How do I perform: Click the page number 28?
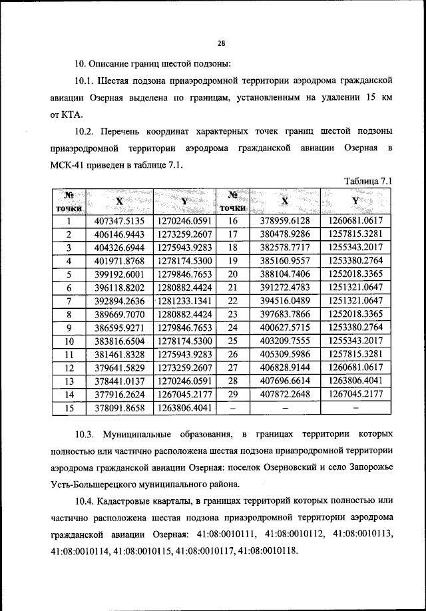tap(222, 44)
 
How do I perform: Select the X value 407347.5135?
tap(120, 221)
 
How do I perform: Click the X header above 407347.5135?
tap(119, 201)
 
